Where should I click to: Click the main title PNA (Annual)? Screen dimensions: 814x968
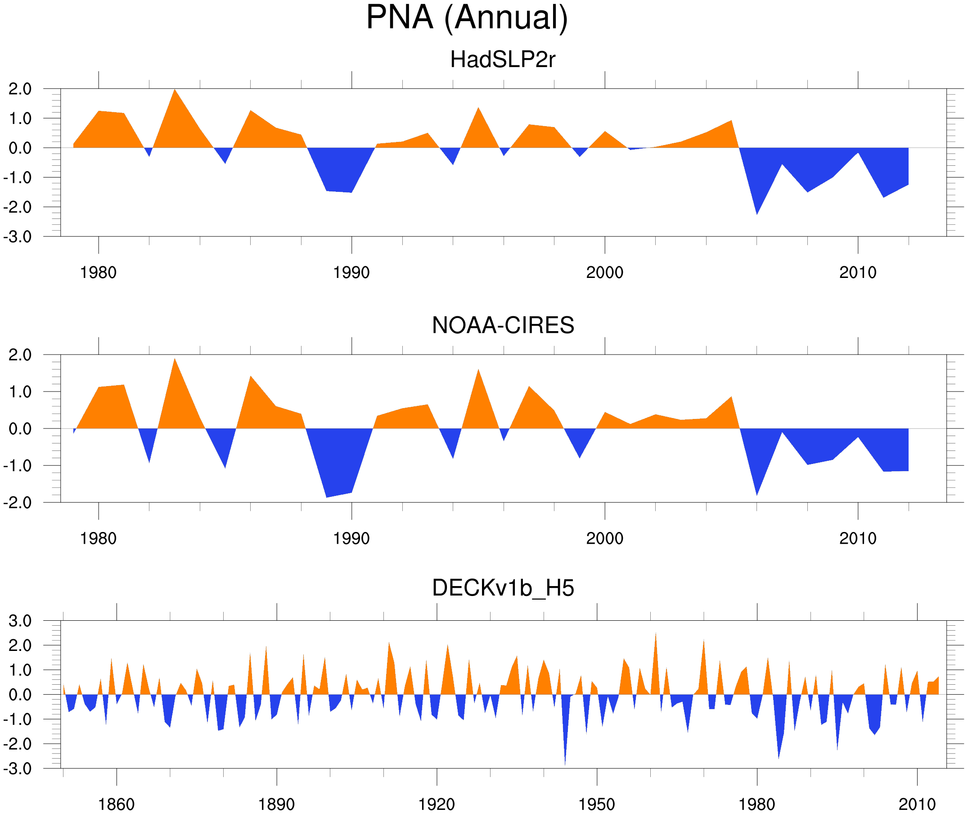467,18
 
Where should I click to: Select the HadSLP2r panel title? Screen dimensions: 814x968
502,59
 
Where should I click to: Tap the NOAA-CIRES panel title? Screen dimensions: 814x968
502,325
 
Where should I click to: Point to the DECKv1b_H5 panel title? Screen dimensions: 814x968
502,588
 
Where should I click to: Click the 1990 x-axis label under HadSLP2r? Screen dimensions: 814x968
351,273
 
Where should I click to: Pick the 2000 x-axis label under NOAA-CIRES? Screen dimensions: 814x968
604,538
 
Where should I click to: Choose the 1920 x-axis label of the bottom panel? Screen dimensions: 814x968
436,804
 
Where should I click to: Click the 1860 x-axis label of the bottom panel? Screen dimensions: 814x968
116,804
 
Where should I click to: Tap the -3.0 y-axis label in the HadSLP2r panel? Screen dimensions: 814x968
18,237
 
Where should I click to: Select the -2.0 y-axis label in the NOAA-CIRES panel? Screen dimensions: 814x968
18,503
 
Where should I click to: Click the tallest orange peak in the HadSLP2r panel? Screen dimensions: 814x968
174,91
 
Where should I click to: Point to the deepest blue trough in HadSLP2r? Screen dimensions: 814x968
756,213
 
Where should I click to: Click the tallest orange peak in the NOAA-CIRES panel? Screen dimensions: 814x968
174,360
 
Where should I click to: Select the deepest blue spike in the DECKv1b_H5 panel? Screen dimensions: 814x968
565,764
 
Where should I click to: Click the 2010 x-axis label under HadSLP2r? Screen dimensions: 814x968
857,273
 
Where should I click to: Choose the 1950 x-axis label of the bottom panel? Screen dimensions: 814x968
596,804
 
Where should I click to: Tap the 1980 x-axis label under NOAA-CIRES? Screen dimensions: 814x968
98,538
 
